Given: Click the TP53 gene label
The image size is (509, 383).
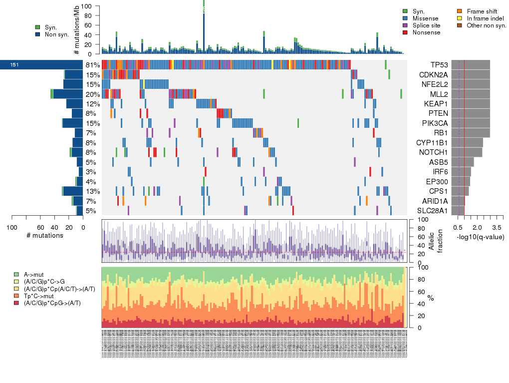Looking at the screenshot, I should pyautogui.click(x=439, y=65).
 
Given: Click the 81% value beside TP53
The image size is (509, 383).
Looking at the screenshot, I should pyautogui.click(x=93, y=65).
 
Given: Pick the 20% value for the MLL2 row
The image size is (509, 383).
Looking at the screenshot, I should pyautogui.click(x=93, y=94).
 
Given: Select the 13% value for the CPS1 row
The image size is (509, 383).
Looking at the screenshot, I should pyautogui.click(x=93, y=191).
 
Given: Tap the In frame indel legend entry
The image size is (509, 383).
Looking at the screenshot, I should pyautogui.click(x=483, y=18).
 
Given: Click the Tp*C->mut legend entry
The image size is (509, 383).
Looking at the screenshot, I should pyautogui.click(x=40, y=296).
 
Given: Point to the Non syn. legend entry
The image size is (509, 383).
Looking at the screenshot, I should pyautogui.click(x=56, y=34).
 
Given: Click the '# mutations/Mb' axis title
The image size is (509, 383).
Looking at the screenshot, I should pyautogui.click(x=76, y=30).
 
